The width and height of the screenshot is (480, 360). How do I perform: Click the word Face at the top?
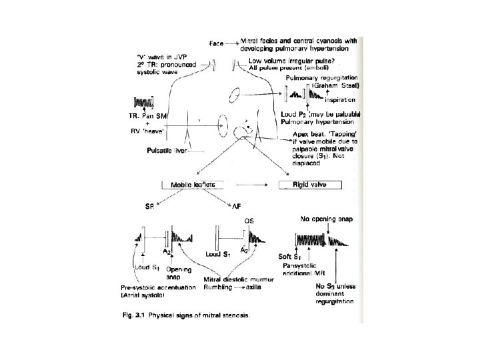tap(217, 43)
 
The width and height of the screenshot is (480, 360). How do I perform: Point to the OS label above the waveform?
tap(249, 220)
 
